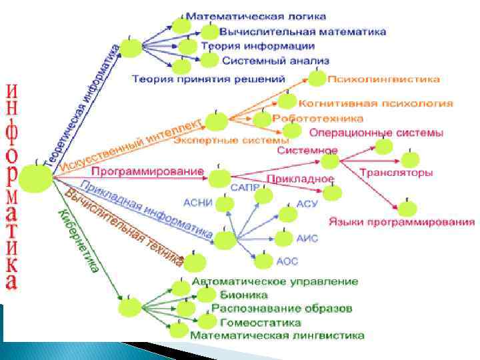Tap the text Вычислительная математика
pos(303,31)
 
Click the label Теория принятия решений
pos(209,79)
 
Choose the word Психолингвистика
pos(383,79)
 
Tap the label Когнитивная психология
pos(376,103)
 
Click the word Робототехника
pos(318,118)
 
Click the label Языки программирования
pos(401,221)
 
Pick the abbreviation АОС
pos(287,261)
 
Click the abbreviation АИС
pos(307,237)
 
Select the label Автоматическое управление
pos(275,282)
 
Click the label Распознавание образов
pos(282,309)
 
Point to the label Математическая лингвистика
pos(277,335)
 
